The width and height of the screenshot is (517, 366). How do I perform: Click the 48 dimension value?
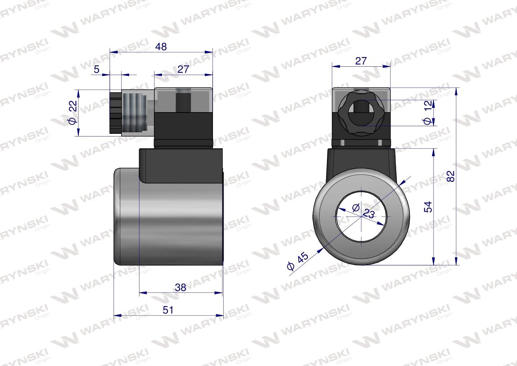pos(161,47)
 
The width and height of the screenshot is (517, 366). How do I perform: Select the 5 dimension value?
pos(96,69)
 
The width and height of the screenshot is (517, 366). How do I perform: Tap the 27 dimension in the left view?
pos(183,69)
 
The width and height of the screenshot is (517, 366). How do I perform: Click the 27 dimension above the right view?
pos(361,61)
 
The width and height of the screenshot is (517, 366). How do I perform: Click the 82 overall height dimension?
pos(451,176)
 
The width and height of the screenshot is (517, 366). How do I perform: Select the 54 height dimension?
pos(429,207)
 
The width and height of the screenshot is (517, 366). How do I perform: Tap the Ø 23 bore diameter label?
pos(364,211)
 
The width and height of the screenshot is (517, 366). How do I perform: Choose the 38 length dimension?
pos(180,287)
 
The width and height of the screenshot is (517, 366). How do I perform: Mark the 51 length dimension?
pos(168,310)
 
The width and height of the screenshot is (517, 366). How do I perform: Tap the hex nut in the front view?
pos(360,113)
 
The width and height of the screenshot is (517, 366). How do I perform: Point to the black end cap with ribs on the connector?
pos(114,113)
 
